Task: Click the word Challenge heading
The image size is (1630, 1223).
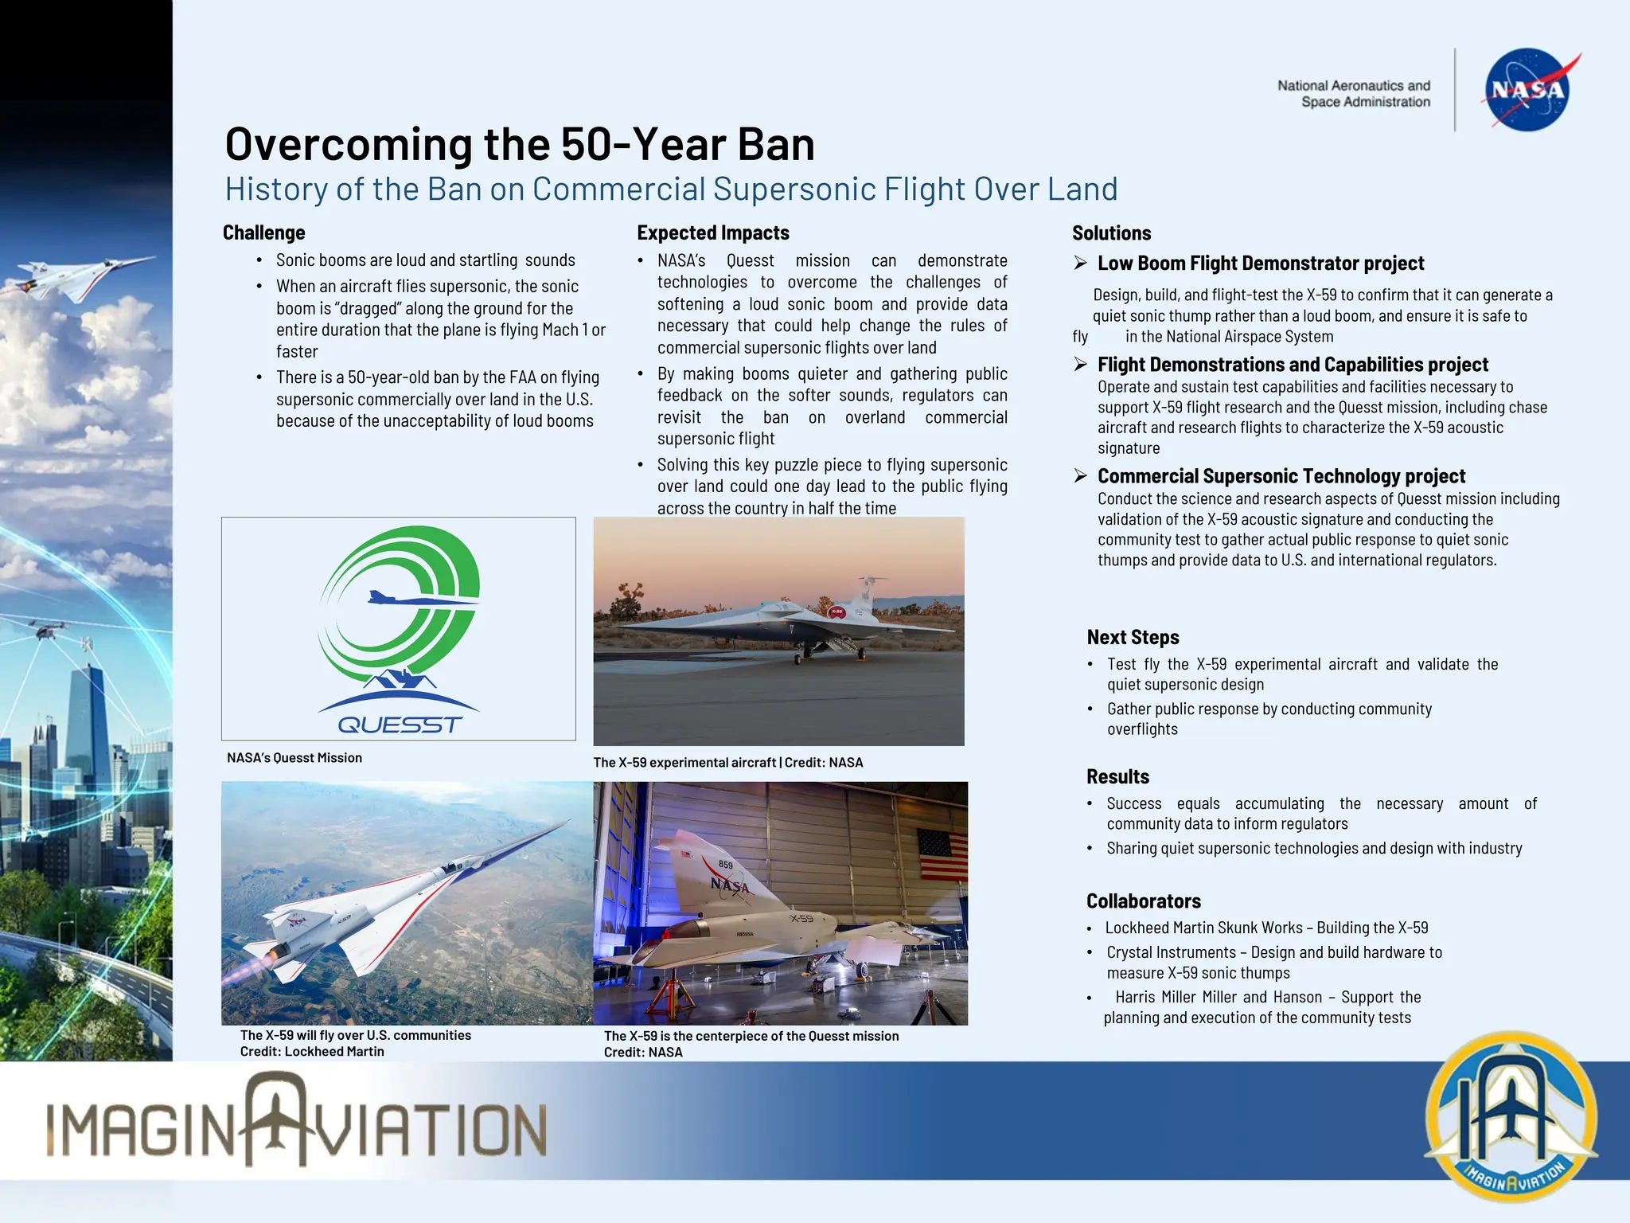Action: (263, 232)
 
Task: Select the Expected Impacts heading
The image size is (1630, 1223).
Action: (712, 232)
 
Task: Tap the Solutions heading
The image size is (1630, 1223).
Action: (1111, 233)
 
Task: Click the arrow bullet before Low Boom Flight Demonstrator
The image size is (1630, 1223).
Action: (1080, 263)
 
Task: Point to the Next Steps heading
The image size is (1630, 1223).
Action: (1133, 637)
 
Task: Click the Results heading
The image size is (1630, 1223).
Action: (1117, 776)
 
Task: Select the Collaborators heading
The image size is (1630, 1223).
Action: (1143, 901)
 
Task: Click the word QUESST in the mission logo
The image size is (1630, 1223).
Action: (400, 725)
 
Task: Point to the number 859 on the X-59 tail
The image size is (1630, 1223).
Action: (725, 865)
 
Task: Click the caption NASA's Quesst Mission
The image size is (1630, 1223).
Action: (294, 758)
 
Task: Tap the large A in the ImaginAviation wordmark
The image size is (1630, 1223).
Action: (275, 1119)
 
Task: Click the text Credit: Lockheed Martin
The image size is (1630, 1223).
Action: (312, 1051)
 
